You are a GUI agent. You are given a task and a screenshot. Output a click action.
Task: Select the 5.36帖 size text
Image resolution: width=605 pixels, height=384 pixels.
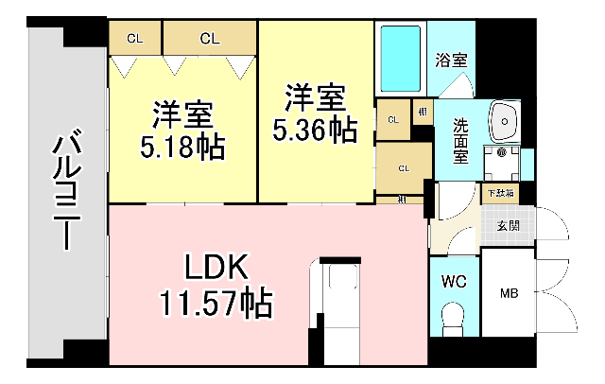pos(316,131)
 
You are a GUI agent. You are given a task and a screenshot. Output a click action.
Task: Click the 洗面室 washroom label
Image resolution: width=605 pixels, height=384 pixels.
pos(460,139)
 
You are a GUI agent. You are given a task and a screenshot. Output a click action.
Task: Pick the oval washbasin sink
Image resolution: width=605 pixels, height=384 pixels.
pos(505,120)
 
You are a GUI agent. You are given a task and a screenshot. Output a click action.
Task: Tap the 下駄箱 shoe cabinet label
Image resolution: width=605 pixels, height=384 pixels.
pos(500,193)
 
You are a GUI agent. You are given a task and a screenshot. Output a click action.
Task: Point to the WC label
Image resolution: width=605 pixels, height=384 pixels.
pos(453,281)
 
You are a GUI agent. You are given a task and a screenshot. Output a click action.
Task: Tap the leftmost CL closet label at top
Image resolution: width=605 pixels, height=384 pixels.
pos(135,39)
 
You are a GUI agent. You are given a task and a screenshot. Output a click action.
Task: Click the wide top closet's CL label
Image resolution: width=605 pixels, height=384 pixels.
pos(210,39)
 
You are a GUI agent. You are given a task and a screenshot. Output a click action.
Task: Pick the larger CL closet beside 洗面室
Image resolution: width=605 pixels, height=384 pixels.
pos(403,168)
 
